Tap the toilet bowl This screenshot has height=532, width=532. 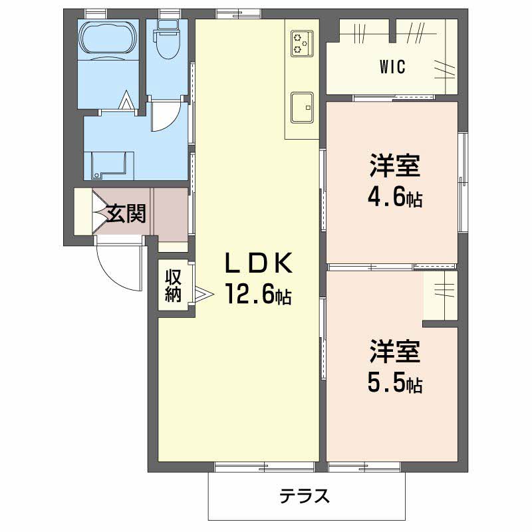point(167,40)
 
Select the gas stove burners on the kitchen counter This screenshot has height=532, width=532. point(302,44)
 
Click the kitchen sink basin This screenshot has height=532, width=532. point(302,107)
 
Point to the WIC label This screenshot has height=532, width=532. point(392,67)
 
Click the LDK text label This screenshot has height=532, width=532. point(259,263)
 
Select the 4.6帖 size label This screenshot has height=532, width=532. point(395,197)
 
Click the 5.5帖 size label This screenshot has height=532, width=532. point(395,383)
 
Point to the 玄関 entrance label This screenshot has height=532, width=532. point(126,213)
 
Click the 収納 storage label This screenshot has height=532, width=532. point(174,286)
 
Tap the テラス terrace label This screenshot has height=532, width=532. point(305,496)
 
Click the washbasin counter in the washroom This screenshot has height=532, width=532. point(108,166)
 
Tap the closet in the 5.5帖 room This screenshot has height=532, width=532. point(440,295)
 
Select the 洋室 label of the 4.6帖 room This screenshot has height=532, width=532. point(395,166)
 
